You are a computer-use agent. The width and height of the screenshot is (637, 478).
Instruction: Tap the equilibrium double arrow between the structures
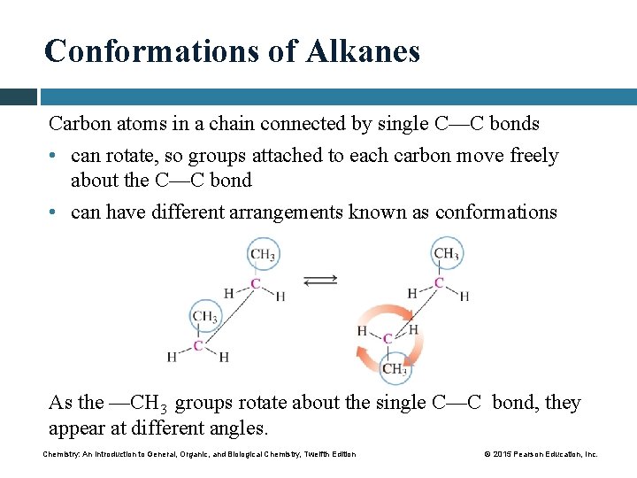[319, 280]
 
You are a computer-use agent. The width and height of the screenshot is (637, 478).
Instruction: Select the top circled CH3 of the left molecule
[262, 255]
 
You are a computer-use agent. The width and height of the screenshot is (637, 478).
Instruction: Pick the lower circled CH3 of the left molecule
[205, 316]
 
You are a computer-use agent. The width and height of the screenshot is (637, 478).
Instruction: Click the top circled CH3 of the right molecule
[445, 254]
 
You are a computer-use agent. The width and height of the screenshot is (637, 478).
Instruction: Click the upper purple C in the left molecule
[256, 284]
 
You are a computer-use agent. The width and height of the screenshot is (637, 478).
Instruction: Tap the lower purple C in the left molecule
[198, 345]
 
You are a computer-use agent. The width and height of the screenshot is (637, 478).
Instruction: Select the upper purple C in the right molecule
[439, 283]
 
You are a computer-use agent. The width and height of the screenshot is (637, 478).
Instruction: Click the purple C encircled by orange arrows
[388, 338]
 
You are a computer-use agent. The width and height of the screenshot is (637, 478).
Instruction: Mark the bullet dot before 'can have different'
[56, 212]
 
